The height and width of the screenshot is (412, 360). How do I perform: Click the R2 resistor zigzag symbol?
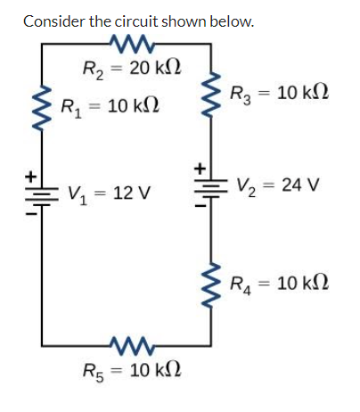[132, 44]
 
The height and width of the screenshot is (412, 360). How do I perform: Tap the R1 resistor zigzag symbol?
[41, 109]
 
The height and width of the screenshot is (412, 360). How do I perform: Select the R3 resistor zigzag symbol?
[211, 95]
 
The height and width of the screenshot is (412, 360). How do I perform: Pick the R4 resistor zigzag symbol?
[211, 285]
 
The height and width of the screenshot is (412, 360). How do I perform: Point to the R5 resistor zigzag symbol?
[132, 345]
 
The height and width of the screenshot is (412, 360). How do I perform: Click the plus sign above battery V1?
[30, 177]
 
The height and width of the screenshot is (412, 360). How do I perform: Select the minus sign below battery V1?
[30, 213]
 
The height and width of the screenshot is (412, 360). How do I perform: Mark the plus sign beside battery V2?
[200, 169]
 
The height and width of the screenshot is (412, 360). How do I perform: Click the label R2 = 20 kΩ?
[132, 70]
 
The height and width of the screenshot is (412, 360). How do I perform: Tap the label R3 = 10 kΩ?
[280, 95]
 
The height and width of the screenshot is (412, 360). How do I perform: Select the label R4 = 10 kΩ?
[280, 284]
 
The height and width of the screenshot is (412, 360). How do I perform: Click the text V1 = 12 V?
[110, 194]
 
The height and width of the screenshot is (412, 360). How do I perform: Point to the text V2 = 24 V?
[278, 186]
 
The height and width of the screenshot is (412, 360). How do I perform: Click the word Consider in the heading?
[54, 21]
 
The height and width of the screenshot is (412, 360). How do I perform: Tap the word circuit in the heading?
[136, 21]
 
